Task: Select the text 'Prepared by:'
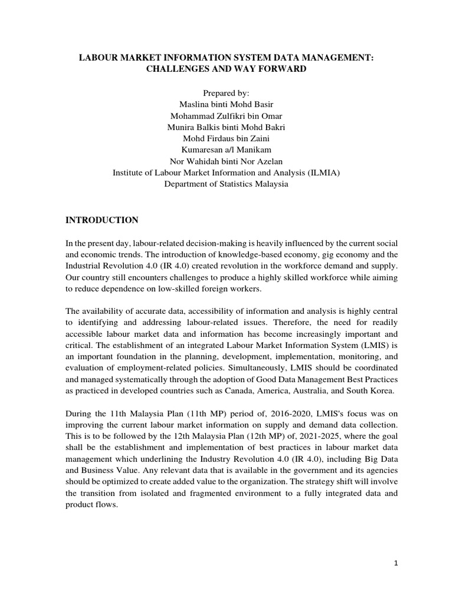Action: coord(226,94)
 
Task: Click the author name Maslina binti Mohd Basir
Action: coord(226,104)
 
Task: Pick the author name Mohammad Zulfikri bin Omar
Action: coord(226,115)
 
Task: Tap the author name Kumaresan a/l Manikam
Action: coord(226,150)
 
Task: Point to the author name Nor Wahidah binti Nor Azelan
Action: coord(226,161)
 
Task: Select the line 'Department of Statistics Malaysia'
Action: coord(226,184)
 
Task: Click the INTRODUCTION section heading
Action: coord(101,220)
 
